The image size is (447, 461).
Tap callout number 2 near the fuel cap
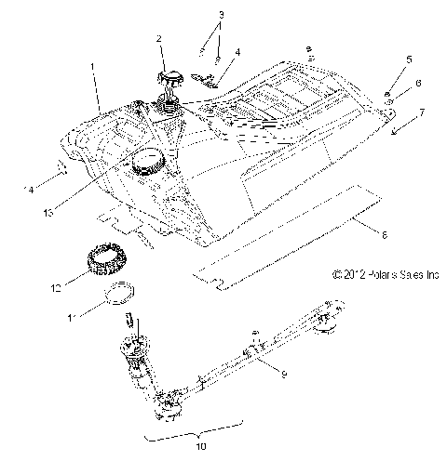159,38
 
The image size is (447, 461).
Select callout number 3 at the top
221,15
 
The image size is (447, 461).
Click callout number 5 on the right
408,60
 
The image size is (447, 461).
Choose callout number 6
418,83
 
